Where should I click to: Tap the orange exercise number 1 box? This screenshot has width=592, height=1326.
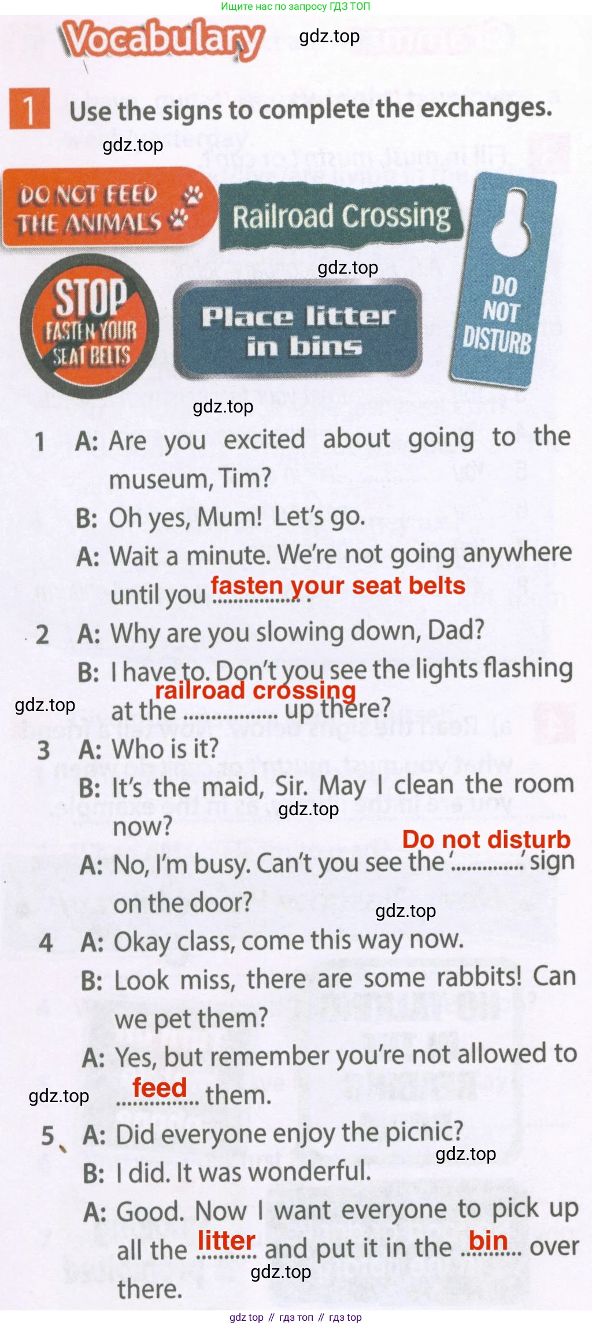[x=29, y=108]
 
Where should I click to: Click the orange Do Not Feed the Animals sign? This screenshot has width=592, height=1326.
[x=109, y=208]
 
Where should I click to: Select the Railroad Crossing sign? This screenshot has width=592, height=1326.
[x=341, y=216]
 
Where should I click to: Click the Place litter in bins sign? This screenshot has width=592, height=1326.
[x=298, y=330]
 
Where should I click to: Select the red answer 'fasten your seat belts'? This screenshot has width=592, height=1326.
[x=338, y=585]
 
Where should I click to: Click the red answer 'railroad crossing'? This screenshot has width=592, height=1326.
[x=256, y=690]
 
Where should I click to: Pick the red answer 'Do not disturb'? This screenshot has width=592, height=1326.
[x=486, y=839]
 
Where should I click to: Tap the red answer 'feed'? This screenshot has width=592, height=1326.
[x=160, y=1088]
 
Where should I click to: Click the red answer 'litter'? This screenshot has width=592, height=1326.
[x=227, y=1240]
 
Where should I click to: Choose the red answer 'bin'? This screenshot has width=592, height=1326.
[x=489, y=1240]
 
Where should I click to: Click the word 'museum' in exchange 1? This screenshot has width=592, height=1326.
[x=158, y=479]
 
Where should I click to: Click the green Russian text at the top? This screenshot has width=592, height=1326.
[x=295, y=6]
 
